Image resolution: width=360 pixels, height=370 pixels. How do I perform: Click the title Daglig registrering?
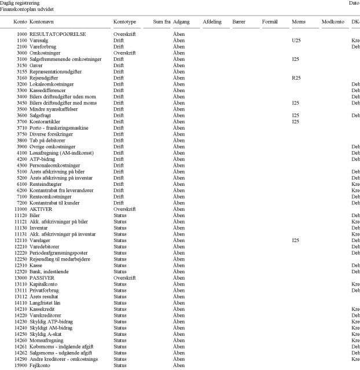[x=20, y=3]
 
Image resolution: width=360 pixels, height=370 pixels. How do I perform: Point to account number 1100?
[x=23, y=41]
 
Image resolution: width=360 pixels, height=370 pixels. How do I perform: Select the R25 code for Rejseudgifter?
[x=297, y=78]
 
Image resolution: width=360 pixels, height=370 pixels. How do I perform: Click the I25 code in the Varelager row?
[x=296, y=240]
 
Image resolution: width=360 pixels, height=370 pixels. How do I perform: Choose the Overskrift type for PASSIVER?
[x=125, y=277]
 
